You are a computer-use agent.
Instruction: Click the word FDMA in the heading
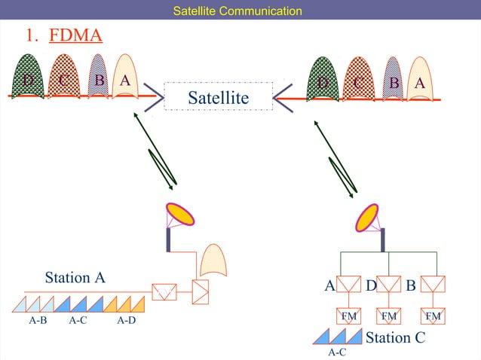pos(75,35)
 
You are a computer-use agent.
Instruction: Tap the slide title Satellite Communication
pos(237,11)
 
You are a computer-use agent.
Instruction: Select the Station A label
pos(75,277)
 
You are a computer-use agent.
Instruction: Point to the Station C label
pos(395,337)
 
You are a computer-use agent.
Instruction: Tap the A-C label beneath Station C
pos(337,352)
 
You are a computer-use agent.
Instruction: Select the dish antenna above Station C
pos(369,217)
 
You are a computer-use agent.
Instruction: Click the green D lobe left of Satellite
pos(28,78)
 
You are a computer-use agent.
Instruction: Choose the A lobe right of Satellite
pos(420,79)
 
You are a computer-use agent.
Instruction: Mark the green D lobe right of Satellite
pos(324,79)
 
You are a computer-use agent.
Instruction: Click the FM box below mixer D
pos(389,316)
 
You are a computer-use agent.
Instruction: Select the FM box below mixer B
pos(433,316)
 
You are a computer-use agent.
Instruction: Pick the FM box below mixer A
pos(348,316)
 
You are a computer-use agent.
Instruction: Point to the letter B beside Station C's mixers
pos(411,285)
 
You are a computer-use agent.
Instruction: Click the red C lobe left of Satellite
pos(63,78)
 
